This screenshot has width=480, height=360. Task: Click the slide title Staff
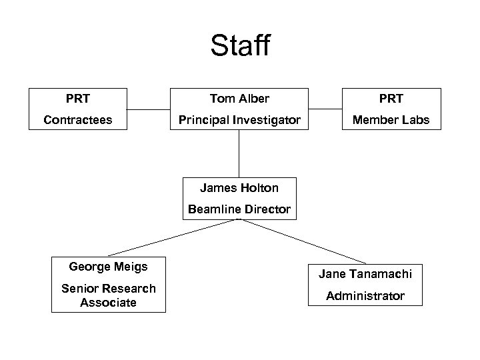coord(240,47)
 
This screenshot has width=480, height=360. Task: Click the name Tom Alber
coord(239,99)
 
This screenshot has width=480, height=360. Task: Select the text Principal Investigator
coord(239,120)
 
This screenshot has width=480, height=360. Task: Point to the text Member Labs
coord(391,120)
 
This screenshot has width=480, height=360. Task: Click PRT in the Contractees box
coord(78,99)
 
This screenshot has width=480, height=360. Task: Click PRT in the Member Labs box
coord(391,99)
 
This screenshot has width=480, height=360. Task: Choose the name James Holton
coord(239,188)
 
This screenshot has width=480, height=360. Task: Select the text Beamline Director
coord(239,209)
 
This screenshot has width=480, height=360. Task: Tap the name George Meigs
coord(108,267)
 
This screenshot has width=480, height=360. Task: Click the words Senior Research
coord(108,288)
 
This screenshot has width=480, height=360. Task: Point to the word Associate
coord(108,303)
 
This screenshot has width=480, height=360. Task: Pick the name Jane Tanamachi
coord(365,274)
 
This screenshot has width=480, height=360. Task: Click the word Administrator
coord(365,295)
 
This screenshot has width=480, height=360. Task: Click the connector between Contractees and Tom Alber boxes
coord(149,109)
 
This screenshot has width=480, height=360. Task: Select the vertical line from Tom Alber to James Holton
coord(239,153)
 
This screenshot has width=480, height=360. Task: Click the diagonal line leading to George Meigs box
coord(173,237)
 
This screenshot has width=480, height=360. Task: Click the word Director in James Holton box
coord(267,209)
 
